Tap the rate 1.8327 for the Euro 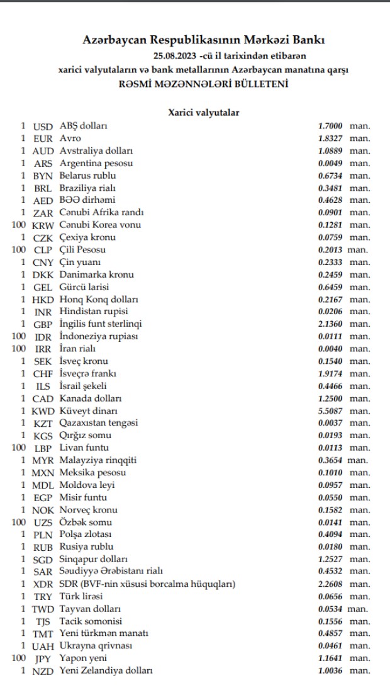[331, 139]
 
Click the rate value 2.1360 [331, 324]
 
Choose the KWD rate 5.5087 [331, 410]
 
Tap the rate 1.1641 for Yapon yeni [331, 658]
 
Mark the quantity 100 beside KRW [19, 225]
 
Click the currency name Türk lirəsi [83, 596]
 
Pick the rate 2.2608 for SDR [331, 584]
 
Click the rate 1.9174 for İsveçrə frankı [331, 373]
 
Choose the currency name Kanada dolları [91, 399]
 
